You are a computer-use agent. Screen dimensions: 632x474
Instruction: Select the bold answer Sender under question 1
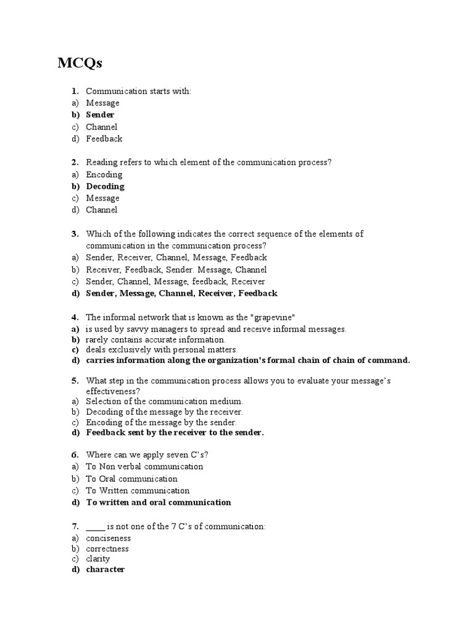click(x=100, y=115)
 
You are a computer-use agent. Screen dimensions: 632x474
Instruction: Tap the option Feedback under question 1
click(x=104, y=139)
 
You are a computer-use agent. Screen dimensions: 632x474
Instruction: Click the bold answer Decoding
click(x=105, y=186)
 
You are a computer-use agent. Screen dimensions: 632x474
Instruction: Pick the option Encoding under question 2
click(x=104, y=175)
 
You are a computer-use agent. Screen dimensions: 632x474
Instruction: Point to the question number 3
click(x=74, y=234)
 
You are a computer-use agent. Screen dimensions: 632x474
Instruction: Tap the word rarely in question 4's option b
click(x=98, y=339)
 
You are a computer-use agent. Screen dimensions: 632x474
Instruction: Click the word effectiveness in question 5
click(x=112, y=391)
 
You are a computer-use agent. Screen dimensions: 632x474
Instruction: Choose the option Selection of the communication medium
click(x=160, y=401)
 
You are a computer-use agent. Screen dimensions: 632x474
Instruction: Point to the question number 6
click(x=74, y=454)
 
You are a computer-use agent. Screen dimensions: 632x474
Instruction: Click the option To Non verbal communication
click(x=144, y=467)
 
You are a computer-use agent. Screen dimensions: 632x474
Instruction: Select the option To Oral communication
click(x=131, y=479)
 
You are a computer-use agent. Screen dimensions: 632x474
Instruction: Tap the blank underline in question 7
click(x=96, y=526)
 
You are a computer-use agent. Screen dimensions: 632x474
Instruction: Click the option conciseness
click(x=108, y=538)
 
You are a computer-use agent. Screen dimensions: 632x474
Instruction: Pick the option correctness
click(x=107, y=549)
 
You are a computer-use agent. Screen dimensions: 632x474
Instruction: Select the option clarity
click(x=98, y=559)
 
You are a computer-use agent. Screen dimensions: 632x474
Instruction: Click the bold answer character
click(x=105, y=570)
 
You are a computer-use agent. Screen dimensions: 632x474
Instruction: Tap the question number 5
click(x=74, y=381)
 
